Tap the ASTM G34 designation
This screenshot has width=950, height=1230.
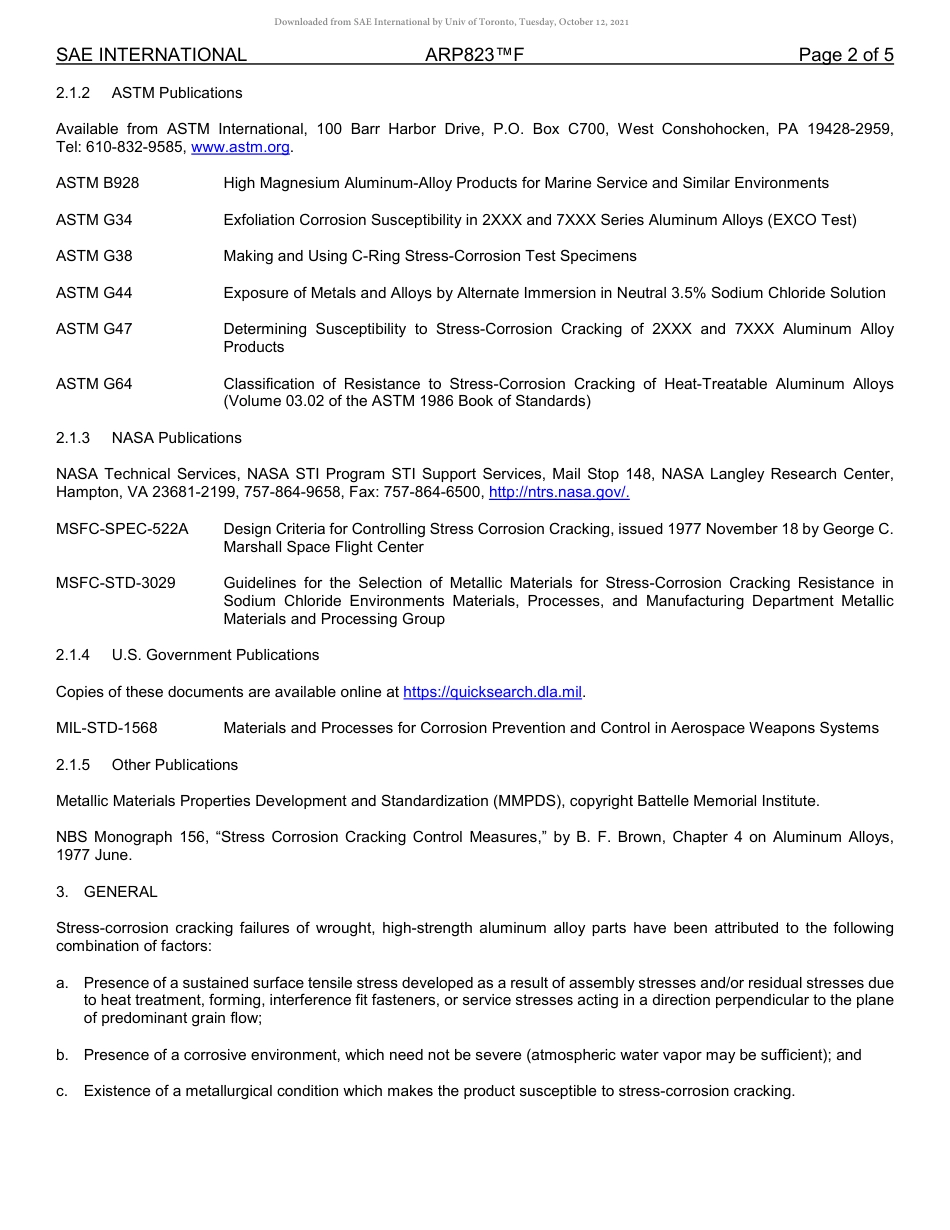tap(94, 220)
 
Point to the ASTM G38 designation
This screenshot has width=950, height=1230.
tap(94, 256)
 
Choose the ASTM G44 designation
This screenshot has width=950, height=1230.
tap(94, 293)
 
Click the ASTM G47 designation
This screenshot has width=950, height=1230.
tap(94, 329)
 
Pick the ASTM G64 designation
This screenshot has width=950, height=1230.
tap(94, 384)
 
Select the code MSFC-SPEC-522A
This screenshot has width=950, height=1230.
tap(122, 529)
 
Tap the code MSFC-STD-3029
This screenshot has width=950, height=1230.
tap(116, 583)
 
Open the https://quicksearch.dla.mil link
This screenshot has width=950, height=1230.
tap(492, 692)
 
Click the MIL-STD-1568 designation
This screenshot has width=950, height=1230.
tap(107, 728)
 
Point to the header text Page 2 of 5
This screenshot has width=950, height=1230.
tap(845, 55)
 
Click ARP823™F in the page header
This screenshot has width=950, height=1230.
tap(474, 55)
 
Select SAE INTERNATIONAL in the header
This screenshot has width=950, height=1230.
tap(151, 55)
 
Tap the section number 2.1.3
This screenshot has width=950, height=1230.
tap(73, 438)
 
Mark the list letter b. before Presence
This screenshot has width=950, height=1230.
tap(62, 1055)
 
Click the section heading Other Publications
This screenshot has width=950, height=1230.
tap(175, 765)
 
